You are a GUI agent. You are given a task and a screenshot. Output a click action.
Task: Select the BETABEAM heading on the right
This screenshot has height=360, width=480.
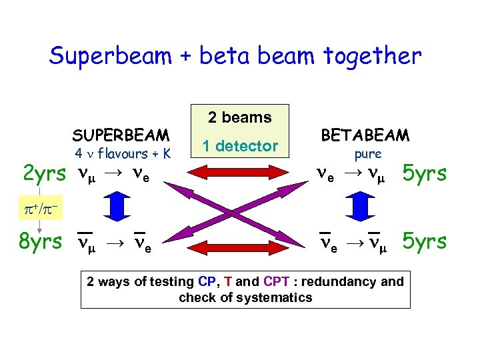coord(365,135)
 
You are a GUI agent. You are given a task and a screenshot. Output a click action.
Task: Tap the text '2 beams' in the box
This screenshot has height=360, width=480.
coord(239,118)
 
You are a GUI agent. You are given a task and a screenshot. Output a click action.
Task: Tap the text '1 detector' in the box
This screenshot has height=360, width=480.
coord(240,146)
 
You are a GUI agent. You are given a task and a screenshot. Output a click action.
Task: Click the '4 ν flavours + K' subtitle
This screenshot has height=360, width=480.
coord(123,154)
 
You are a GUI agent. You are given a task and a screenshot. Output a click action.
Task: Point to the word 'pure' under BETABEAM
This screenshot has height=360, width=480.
coord(367,154)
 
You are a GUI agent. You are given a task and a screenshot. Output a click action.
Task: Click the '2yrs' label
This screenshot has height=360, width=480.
coord(44,175)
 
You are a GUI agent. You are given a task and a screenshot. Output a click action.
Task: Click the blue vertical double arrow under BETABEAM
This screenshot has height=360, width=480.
coord(362,207)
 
